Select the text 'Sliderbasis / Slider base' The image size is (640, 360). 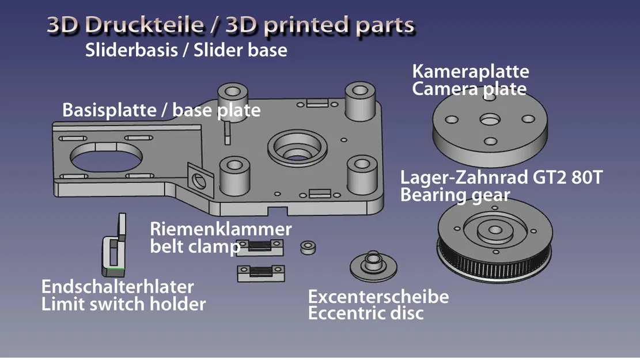(186, 50)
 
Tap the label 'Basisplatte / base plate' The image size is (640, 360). (161, 109)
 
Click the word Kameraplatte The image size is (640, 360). (471, 72)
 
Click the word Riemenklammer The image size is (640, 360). (221, 229)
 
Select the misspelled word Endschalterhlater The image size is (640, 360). (118, 286)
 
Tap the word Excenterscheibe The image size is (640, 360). (378, 297)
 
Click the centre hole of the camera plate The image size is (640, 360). (490, 120)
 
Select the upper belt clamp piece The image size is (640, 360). (260, 247)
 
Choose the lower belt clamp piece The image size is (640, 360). (260, 271)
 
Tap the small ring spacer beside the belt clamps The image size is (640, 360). (308, 248)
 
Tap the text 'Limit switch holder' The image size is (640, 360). (123, 304)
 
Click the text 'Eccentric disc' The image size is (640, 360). (366, 314)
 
